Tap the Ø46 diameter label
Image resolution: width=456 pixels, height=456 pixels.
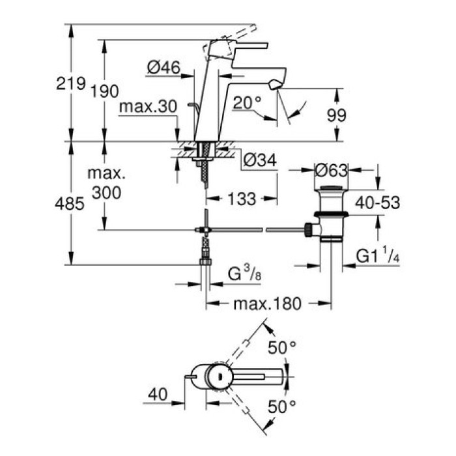pyautogui.click(x=164, y=66)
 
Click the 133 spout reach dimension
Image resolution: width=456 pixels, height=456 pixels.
pyautogui.click(x=243, y=199)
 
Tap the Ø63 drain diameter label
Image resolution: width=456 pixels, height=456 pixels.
pyautogui.click(x=330, y=170)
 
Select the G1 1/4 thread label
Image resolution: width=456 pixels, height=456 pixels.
pyautogui.click(x=380, y=257)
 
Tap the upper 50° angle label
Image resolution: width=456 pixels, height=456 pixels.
pyautogui.click(x=281, y=348)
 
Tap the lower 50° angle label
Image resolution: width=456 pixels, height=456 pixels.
pyautogui.click(x=281, y=408)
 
